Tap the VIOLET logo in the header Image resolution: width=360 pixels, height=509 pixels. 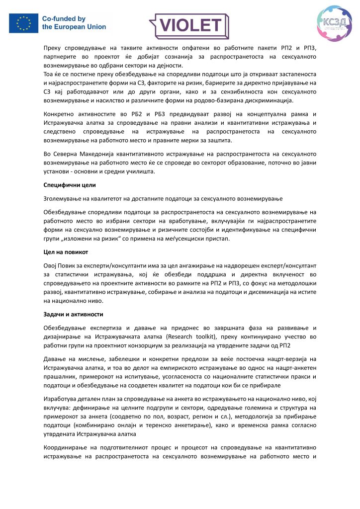pos(188,23)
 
